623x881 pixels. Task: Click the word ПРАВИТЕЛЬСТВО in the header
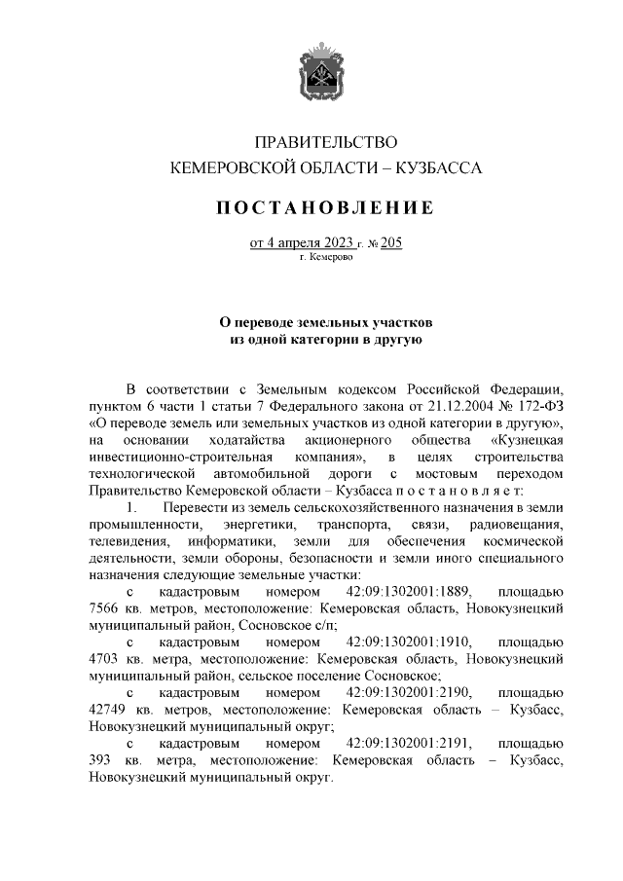(x=326, y=143)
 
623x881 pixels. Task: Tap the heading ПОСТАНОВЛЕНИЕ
(x=325, y=207)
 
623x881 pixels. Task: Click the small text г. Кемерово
(x=326, y=259)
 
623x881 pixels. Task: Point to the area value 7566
(x=104, y=607)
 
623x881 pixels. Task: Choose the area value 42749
(x=108, y=709)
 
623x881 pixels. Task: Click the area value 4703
(x=104, y=658)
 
